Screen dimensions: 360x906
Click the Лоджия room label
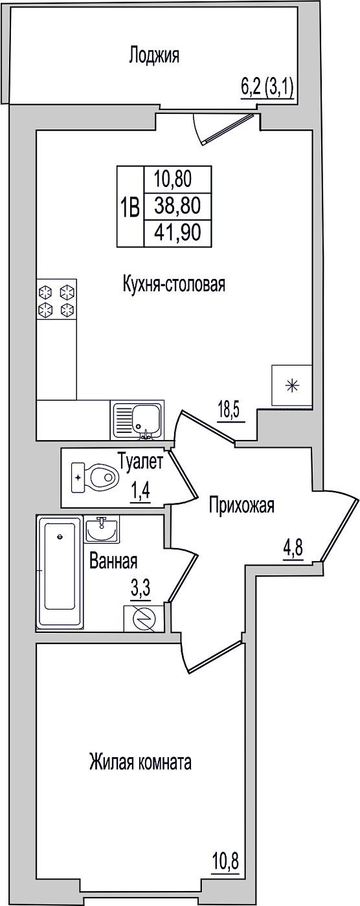[x=153, y=56]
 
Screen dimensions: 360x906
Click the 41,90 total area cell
[x=178, y=232]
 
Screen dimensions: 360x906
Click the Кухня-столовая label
[x=174, y=285]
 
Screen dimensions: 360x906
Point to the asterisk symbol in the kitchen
[x=291, y=386]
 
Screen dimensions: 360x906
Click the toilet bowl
[x=96, y=478]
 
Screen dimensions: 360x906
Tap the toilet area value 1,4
[x=140, y=492]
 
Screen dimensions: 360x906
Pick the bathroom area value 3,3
[x=141, y=588]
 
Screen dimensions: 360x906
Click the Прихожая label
[x=242, y=505]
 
